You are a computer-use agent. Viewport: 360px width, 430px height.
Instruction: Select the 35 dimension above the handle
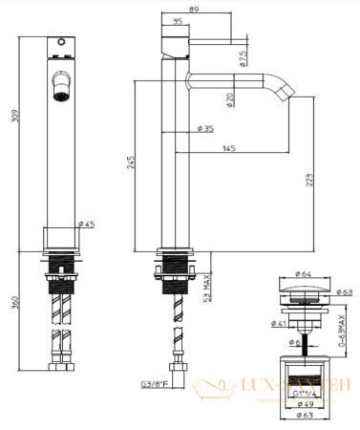tap(179, 22)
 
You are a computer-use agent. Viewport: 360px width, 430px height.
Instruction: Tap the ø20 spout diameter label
tap(230, 99)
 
